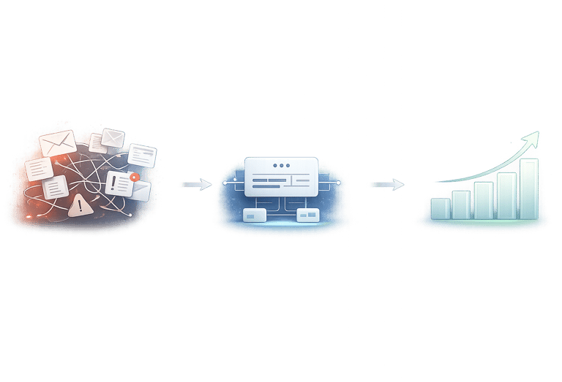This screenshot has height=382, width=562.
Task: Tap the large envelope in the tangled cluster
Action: click(x=58, y=142)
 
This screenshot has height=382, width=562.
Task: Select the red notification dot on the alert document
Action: click(x=133, y=177)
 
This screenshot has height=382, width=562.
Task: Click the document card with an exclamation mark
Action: click(x=119, y=183)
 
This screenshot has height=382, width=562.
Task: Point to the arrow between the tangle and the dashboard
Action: click(x=194, y=185)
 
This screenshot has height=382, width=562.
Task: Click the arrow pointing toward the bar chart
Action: click(x=386, y=185)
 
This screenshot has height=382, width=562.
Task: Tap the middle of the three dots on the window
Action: click(x=281, y=166)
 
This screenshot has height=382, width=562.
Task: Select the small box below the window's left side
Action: click(x=255, y=215)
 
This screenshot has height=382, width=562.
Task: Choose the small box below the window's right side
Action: click(x=308, y=215)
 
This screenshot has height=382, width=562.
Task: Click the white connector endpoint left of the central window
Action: click(x=224, y=183)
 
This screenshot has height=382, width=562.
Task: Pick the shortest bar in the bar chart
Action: click(x=441, y=208)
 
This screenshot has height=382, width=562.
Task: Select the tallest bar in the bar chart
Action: click(x=529, y=188)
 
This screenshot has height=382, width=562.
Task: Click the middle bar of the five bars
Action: click(x=484, y=199)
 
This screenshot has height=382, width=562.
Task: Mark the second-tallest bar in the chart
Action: click(x=506, y=194)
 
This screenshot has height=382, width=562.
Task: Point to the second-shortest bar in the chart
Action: click(x=461, y=204)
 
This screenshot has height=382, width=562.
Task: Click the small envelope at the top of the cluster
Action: click(x=113, y=137)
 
